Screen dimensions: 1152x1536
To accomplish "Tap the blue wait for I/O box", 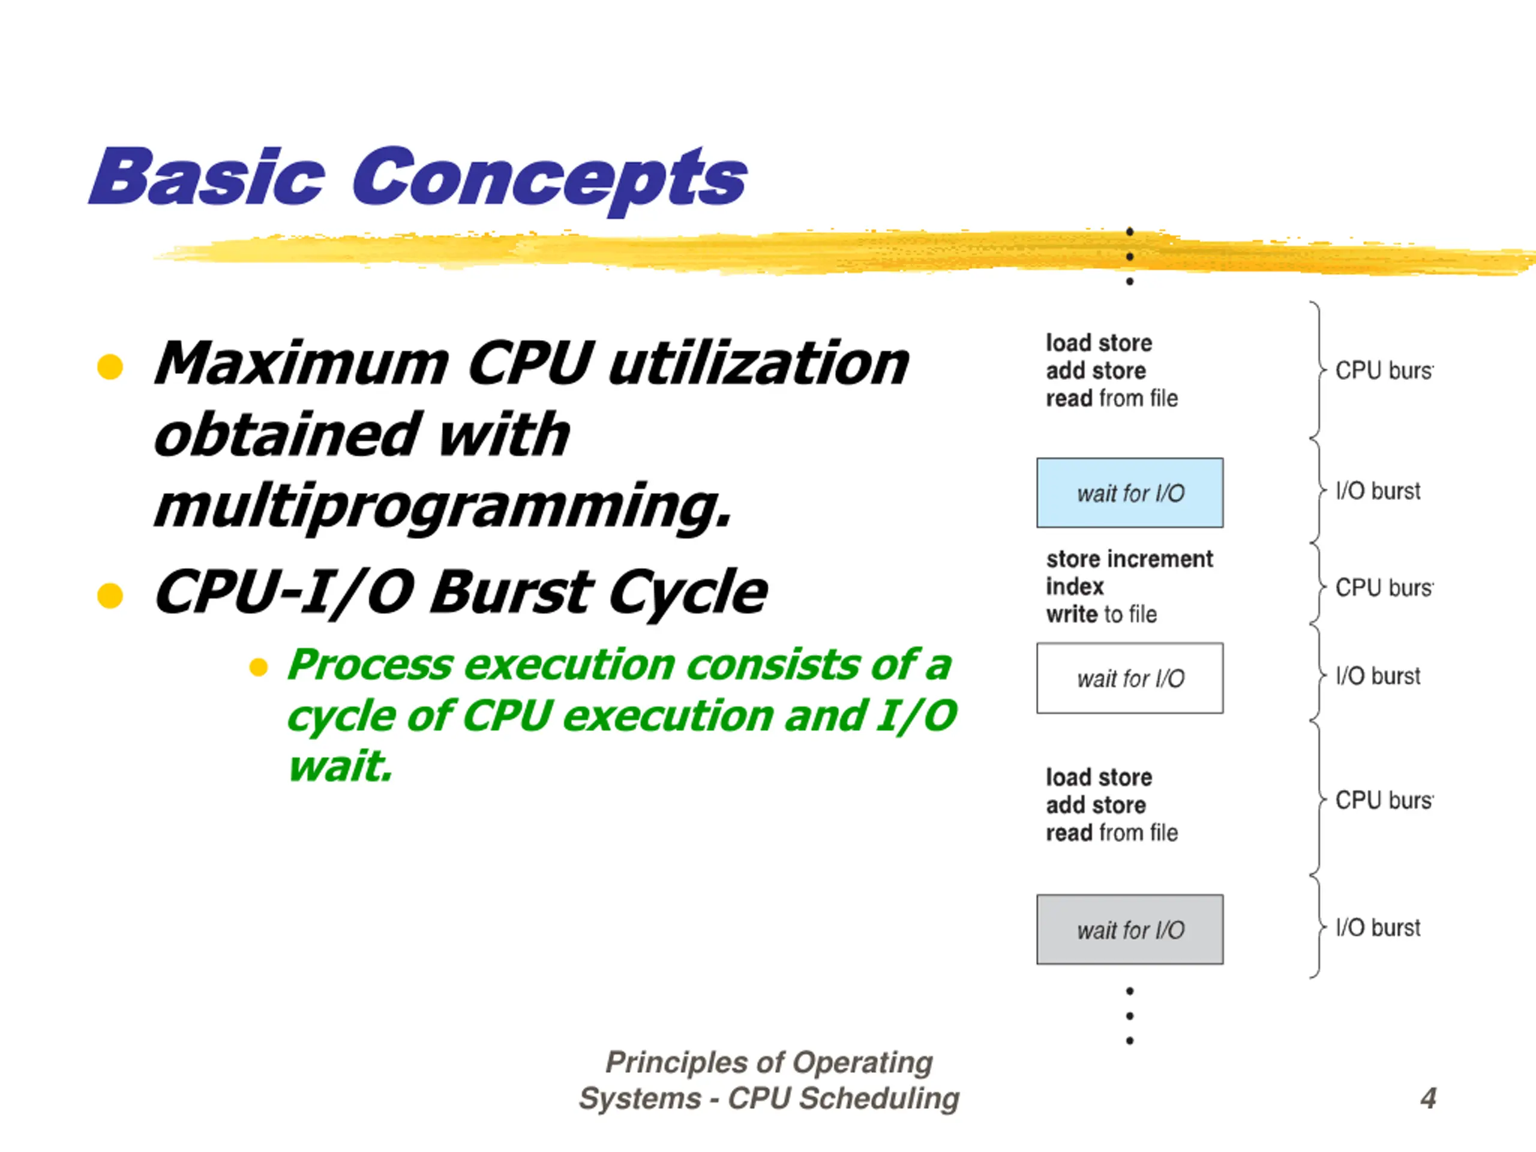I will [1130, 493].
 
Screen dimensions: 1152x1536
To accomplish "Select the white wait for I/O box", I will [1130, 678].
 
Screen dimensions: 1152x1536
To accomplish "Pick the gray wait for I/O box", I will [1130, 929].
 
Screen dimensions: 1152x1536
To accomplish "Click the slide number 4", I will [1427, 1097].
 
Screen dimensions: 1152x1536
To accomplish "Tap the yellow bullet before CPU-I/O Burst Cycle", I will [110, 595].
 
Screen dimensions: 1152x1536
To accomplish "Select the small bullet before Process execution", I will [259, 667].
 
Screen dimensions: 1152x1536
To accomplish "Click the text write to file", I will [1102, 614].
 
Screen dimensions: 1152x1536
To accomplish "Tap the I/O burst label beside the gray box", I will [1378, 928].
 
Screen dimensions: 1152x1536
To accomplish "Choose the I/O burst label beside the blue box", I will [1378, 491].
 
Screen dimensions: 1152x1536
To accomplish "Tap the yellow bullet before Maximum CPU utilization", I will [110, 367].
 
